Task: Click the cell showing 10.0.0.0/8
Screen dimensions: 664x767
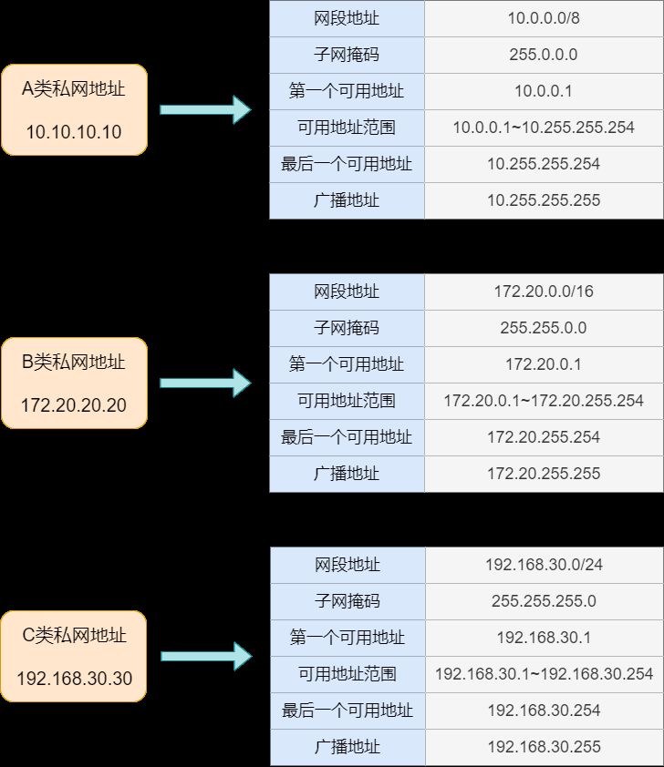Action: point(544,18)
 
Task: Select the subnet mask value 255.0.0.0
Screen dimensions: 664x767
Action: point(544,55)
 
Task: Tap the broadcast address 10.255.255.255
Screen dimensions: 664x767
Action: point(544,200)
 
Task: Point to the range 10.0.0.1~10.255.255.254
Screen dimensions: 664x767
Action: point(544,128)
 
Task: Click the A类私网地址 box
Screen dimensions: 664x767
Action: point(74,109)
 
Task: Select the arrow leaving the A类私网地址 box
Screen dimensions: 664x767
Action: point(205,109)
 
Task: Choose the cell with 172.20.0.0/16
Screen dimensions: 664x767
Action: point(544,291)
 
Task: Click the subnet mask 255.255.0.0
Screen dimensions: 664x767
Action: point(544,328)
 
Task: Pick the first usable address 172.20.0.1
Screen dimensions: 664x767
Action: point(544,364)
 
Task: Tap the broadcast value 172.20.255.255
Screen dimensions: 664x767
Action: point(544,474)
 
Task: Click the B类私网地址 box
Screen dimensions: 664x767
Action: point(74,383)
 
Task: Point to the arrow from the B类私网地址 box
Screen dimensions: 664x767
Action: point(205,383)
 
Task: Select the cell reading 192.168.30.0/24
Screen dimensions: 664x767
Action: point(544,565)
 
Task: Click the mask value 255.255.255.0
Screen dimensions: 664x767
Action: point(544,601)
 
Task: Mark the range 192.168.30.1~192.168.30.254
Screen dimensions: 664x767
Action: point(544,674)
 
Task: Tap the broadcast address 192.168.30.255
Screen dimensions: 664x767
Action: point(544,747)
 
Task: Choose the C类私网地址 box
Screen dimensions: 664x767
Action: point(74,657)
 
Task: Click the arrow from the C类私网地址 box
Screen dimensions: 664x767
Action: point(206,657)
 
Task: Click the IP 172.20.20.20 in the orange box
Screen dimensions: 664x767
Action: point(74,405)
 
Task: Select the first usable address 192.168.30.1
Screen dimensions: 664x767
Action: point(544,638)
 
